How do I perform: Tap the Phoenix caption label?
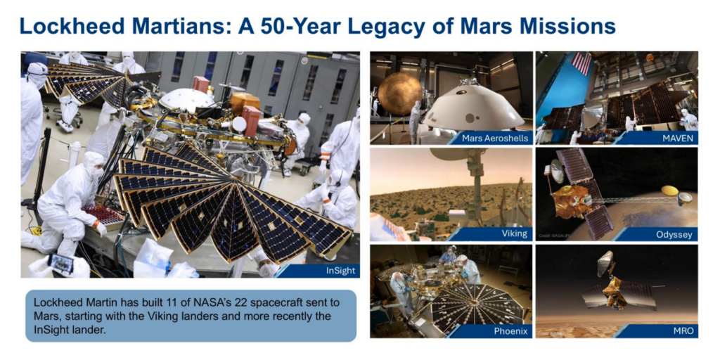(508, 331)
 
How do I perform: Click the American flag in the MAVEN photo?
(581, 63)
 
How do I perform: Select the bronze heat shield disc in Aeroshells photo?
(399, 94)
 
